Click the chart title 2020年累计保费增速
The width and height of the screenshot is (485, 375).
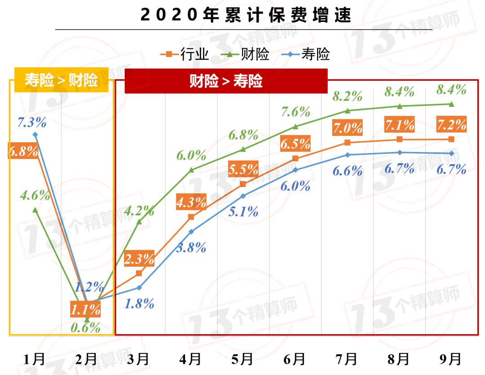pos(245,14)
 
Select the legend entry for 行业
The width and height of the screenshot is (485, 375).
pos(185,54)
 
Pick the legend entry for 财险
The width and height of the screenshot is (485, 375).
pos(246,54)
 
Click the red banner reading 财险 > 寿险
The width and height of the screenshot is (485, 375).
pos(226,81)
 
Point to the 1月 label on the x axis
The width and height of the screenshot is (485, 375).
pos(35,359)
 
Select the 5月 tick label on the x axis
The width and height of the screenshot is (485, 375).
pos(243,359)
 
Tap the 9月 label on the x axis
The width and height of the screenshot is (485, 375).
pos(451,359)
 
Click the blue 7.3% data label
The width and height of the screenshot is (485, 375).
pos(32,122)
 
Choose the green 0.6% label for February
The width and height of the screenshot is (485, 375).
pos(85,327)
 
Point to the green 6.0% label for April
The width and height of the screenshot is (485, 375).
pos(191,156)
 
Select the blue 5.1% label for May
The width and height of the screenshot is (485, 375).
pos(243,211)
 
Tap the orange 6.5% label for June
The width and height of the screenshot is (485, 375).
pos(295,144)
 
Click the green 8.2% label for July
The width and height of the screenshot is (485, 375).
pos(347,96)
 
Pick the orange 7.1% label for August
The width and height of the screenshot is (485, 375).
pos(399,125)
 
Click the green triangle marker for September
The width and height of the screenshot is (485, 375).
pos(451,104)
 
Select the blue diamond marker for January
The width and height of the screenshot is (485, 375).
pos(35,135)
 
